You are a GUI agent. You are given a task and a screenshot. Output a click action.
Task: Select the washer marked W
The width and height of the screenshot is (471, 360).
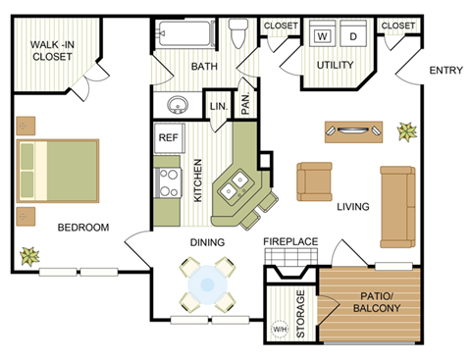click(x=321, y=36)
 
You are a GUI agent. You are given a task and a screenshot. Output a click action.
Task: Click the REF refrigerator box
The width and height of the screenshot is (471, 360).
click(x=168, y=138)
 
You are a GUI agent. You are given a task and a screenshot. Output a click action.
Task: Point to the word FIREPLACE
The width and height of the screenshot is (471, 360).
click(x=290, y=241)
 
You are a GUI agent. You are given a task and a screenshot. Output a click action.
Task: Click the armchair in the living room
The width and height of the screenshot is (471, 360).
click(x=316, y=180)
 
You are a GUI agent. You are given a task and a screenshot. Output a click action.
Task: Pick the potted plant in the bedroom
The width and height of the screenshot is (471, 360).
click(x=28, y=256)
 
